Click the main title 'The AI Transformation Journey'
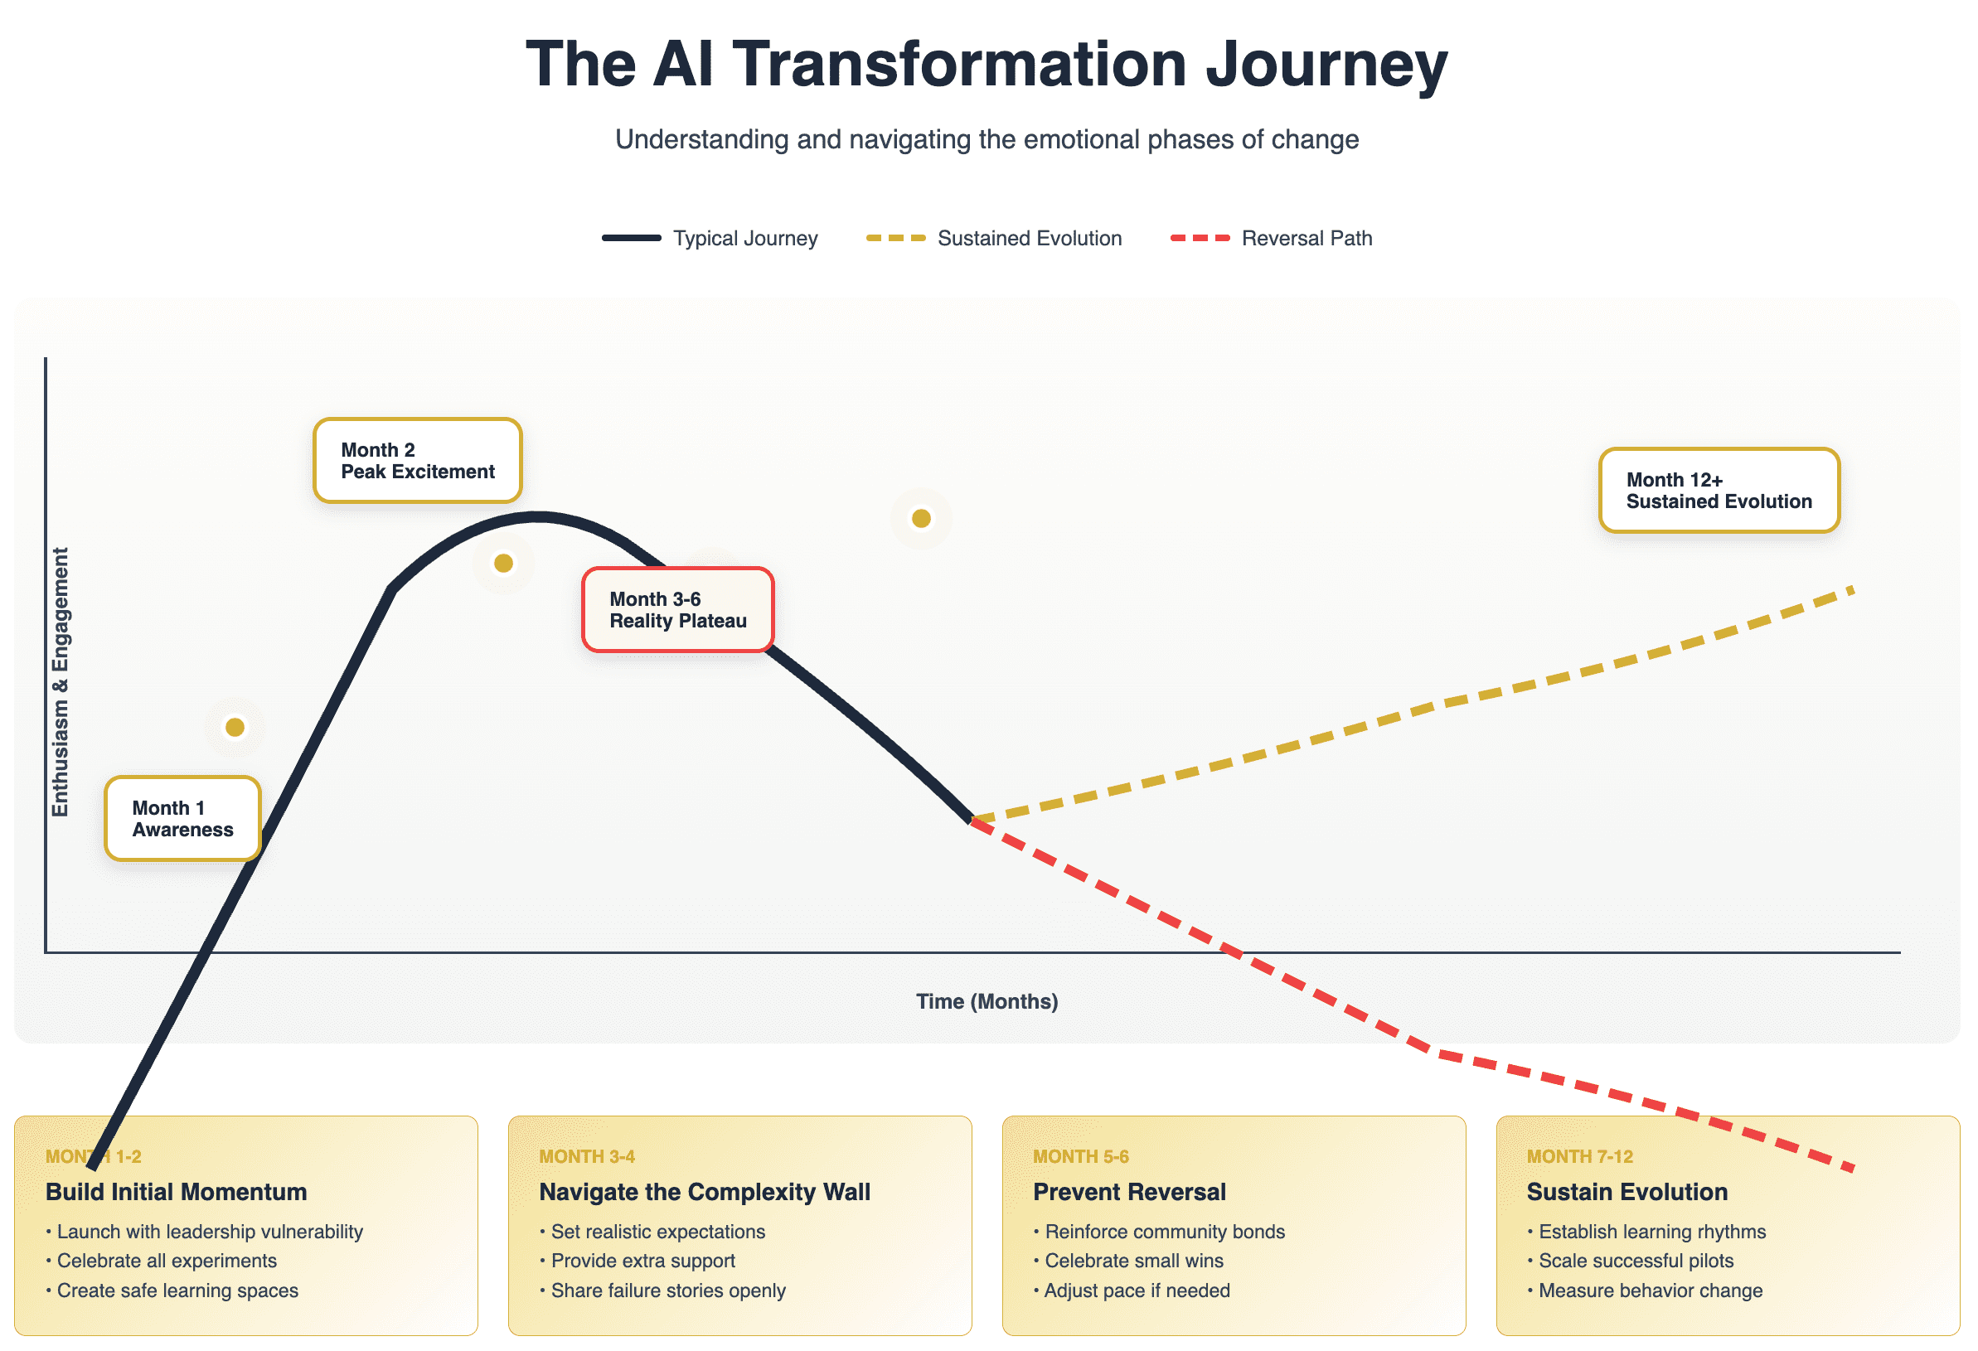pyautogui.click(x=987, y=65)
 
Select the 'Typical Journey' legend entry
pyautogui.click(x=710, y=238)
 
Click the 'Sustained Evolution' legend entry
pyautogui.click(x=993, y=238)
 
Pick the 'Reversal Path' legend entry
pyautogui.click(x=1272, y=238)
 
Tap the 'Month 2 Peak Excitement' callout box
pyautogui.click(x=417, y=460)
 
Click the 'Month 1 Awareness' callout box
pyautogui.click(x=182, y=818)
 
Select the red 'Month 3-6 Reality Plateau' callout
pyautogui.click(x=677, y=610)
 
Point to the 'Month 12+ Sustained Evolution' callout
pyautogui.click(x=1719, y=490)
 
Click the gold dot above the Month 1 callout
pyautogui.click(x=235, y=728)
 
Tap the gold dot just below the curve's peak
pyautogui.click(x=503, y=564)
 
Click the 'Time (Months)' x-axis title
pyautogui.click(x=987, y=1001)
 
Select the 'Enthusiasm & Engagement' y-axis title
pyautogui.click(x=60, y=682)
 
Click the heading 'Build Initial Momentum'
pyautogui.click(x=177, y=1192)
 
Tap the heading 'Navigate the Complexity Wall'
pyautogui.click(x=705, y=1192)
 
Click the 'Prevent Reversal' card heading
pyautogui.click(x=1129, y=1192)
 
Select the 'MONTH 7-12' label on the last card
pyautogui.click(x=1580, y=1157)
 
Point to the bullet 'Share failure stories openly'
pyautogui.click(x=662, y=1290)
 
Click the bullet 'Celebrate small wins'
pyautogui.click(x=1128, y=1261)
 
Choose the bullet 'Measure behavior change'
pyautogui.click(x=1645, y=1290)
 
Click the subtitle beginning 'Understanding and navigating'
pyautogui.click(x=987, y=139)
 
